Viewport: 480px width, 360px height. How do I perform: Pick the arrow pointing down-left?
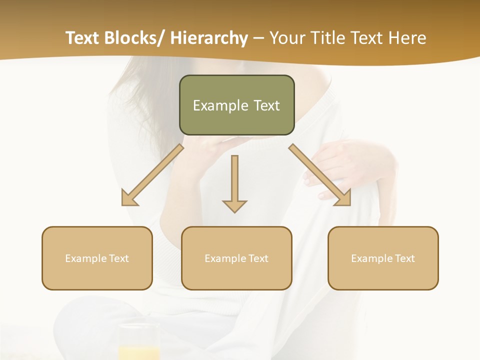(x=152, y=175)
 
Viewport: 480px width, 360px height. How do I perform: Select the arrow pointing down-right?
(x=320, y=175)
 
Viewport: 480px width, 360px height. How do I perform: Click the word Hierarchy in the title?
(x=209, y=38)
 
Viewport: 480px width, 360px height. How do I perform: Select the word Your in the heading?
(x=286, y=38)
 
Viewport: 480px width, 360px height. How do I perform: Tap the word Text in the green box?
(x=266, y=105)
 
